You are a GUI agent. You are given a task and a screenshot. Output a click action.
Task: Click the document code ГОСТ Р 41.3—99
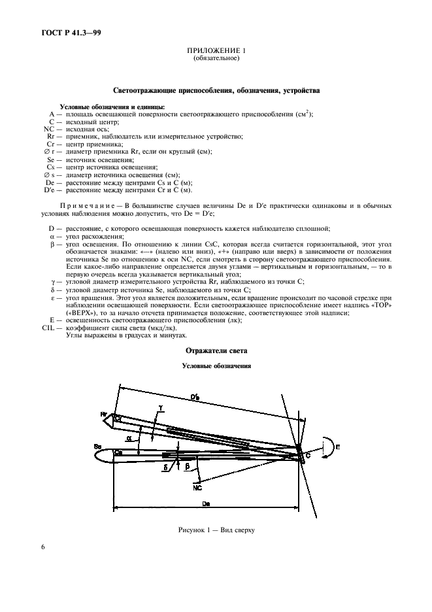63,31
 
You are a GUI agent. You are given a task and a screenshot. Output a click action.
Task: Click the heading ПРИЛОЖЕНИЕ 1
216,51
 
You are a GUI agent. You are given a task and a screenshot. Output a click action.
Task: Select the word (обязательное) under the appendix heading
216,58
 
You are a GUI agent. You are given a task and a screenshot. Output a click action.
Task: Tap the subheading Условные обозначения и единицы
112,107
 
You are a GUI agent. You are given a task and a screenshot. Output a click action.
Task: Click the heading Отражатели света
215,350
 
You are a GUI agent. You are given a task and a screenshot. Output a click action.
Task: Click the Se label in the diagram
98,446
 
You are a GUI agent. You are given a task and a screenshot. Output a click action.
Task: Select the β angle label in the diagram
187,467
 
